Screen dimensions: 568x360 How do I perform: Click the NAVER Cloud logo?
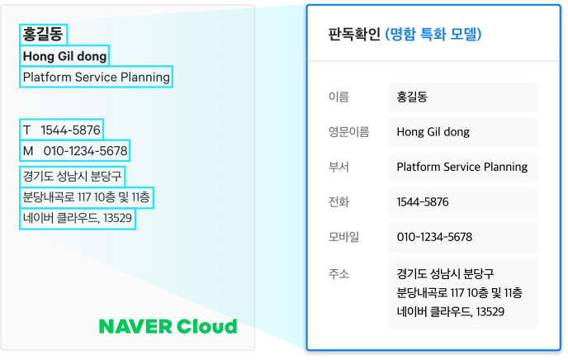168,326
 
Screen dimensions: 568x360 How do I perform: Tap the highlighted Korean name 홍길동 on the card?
43,35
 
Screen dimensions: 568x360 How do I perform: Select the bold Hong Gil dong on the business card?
64,56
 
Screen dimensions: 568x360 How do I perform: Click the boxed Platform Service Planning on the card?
96,77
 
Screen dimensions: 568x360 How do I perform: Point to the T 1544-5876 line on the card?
62,130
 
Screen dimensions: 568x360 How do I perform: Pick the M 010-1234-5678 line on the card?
74,150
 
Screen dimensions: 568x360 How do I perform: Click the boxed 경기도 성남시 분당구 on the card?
72,177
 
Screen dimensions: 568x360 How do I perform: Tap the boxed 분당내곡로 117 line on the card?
87,197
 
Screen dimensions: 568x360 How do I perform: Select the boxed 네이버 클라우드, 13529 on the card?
78,218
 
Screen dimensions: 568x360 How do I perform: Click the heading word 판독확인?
354,35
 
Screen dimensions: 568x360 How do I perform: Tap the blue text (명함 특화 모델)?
433,35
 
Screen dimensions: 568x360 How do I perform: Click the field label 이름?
338,97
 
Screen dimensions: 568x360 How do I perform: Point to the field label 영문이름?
349,132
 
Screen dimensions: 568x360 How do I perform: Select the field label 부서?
338,167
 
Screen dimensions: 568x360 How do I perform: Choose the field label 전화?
338,201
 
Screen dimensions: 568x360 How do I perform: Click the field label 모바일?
343,237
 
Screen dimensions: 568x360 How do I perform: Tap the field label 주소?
338,274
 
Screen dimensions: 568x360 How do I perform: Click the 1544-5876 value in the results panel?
423,201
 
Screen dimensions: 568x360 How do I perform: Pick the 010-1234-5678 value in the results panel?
435,237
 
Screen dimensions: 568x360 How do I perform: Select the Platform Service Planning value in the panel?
462,167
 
